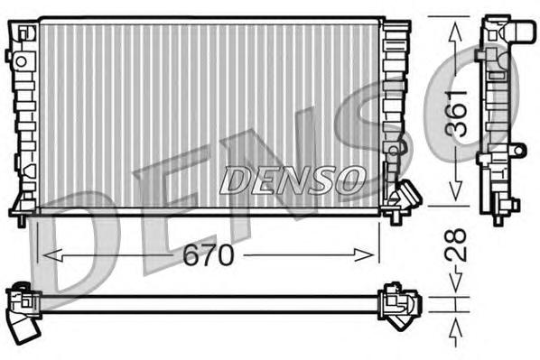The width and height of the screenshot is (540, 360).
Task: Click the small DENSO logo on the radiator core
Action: [x=293, y=179]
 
